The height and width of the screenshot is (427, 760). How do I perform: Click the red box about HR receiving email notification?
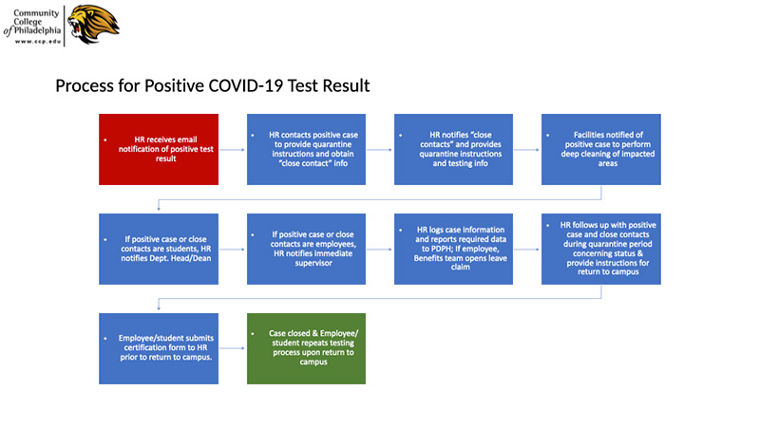(x=159, y=149)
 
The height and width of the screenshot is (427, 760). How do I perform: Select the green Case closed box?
(x=306, y=348)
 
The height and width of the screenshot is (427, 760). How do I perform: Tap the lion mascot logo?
(x=93, y=25)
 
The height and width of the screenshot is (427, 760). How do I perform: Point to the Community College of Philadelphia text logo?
(x=32, y=27)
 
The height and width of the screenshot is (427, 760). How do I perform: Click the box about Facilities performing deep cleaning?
(x=601, y=149)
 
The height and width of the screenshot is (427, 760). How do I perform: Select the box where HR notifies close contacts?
(x=454, y=149)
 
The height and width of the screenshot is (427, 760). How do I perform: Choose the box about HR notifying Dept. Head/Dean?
(x=159, y=249)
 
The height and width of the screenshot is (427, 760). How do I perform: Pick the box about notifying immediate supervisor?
(x=306, y=249)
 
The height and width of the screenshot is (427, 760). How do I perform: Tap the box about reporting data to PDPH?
(x=454, y=249)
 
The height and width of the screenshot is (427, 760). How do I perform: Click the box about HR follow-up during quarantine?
(x=601, y=249)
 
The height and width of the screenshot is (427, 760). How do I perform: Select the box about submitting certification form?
(x=159, y=348)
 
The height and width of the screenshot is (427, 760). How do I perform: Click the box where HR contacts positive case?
(x=306, y=149)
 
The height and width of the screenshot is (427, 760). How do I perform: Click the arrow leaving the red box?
(x=233, y=150)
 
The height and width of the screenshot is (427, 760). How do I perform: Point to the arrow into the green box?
(x=233, y=348)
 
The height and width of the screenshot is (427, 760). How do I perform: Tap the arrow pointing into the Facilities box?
(x=527, y=150)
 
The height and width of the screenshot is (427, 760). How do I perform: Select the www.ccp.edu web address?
(x=38, y=42)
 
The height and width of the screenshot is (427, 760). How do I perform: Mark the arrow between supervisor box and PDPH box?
(x=379, y=250)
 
